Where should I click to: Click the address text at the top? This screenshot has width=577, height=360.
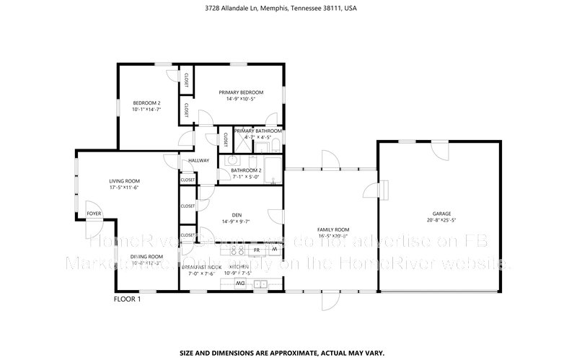[x=288, y=9]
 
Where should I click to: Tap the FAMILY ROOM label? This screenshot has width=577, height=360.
[x=332, y=229]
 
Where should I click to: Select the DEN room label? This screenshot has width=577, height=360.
[x=236, y=214]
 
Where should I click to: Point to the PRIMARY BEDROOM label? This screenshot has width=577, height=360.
[x=241, y=92]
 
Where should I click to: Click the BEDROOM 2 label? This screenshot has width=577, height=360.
[x=146, y=102]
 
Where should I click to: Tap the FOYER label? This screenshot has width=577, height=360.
[x=94, y=214]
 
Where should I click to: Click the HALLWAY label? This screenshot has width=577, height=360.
[x=198, y=160]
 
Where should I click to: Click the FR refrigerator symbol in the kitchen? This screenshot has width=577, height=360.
[x=256, y=250]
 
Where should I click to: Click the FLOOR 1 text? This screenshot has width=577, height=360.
[x=127, y=299]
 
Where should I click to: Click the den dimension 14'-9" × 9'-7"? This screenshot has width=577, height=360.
[x=236, y=221]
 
